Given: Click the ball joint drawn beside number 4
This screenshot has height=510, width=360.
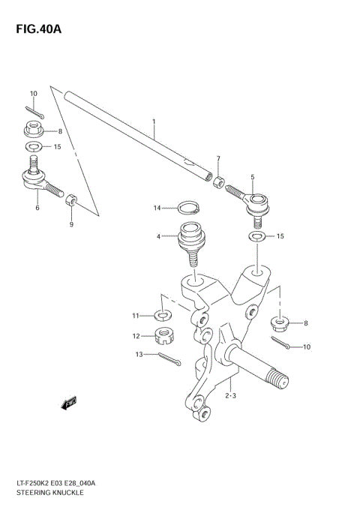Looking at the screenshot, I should coord(190,241).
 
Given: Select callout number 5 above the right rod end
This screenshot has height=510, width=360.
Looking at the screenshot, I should coord(252,177).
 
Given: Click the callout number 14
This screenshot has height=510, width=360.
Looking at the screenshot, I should coord(157,208).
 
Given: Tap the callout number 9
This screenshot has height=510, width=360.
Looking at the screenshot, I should coord(70,223).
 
